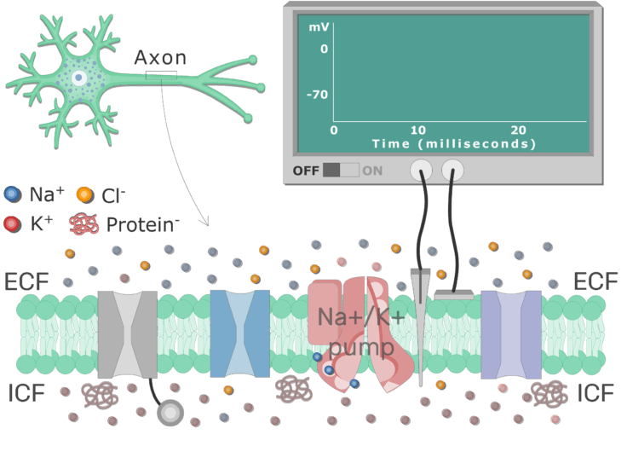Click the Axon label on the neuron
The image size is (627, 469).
click(x=160, y=58)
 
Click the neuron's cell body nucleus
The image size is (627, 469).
click(x=78, y=78)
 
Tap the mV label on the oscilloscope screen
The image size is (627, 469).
click(x=319, y=27)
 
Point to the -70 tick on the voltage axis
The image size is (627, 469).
click(x=317, y=94)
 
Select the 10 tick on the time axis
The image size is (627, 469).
click(x=417, y=130)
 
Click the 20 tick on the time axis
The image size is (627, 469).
click(x=518, y=130)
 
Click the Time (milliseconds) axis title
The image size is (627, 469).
click(x=453, y=143)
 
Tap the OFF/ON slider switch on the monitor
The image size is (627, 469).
click(x=341, y=170)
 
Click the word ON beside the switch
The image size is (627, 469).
click(x=373, y=170)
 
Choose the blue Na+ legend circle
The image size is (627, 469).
click(x=12, y=194)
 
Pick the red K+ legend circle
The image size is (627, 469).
click(x=12, y=224)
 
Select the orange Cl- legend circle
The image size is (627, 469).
click(x=85, y=194)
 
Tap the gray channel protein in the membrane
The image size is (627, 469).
click(x=128, y=334)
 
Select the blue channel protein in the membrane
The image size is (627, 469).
click(x=239, y=333)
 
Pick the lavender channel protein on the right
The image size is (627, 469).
click(x=511, y=333)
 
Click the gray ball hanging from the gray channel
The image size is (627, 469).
click(x=170, y=414)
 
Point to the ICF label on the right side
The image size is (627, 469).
click(x=596, y=393)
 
